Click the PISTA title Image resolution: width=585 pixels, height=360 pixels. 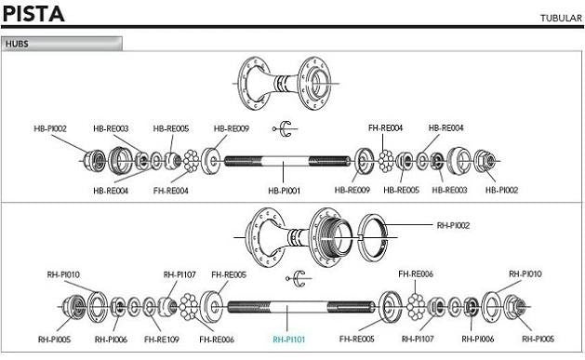33,14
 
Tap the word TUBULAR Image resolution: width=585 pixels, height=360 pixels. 561,18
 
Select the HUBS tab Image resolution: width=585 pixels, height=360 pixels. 61,44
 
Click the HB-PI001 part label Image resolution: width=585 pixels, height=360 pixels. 284,191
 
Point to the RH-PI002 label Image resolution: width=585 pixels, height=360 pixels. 453,225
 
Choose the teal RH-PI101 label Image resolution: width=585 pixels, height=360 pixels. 288,340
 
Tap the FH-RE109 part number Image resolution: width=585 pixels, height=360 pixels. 162,340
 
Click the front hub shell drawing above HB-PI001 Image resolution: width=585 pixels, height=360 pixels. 285,84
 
